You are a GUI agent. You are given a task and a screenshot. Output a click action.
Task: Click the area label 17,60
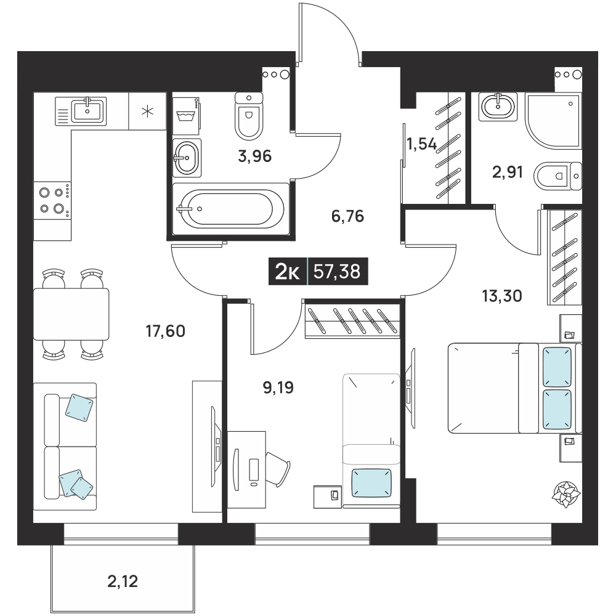click(x=165, y=331)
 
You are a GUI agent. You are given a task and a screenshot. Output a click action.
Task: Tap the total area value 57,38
click(x=337, y=271)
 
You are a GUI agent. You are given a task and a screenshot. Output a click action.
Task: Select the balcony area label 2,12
click(x=123, y=582)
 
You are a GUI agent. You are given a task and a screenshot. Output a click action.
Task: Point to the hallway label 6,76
click(x=347, y=216)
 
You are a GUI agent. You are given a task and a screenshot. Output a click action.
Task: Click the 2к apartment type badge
click(x=288, y=272)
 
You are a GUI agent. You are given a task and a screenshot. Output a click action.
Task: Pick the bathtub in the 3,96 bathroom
click(x=231, y=209)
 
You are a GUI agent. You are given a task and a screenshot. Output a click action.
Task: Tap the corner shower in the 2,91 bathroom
click(x=554, y=121)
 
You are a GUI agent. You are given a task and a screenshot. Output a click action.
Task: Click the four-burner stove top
click(x=52, y=200)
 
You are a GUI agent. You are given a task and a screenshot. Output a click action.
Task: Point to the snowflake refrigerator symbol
click(x=148, y=111)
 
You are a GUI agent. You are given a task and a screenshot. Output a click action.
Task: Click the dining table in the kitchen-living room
click(x=71, y=314)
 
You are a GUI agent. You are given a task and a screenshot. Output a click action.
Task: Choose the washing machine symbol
click(x=186, y=115)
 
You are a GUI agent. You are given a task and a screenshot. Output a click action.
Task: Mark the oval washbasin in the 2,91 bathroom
click(x=498, y=105)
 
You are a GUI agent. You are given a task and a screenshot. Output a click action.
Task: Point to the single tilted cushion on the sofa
click(x=79, y=408)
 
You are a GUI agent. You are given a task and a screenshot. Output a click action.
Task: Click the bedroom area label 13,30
click(x=502, y=296)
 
